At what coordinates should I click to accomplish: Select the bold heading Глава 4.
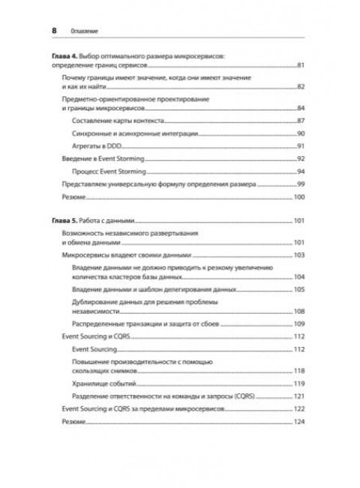coord(64,57)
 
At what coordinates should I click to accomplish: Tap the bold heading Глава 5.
coord(64,221)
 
